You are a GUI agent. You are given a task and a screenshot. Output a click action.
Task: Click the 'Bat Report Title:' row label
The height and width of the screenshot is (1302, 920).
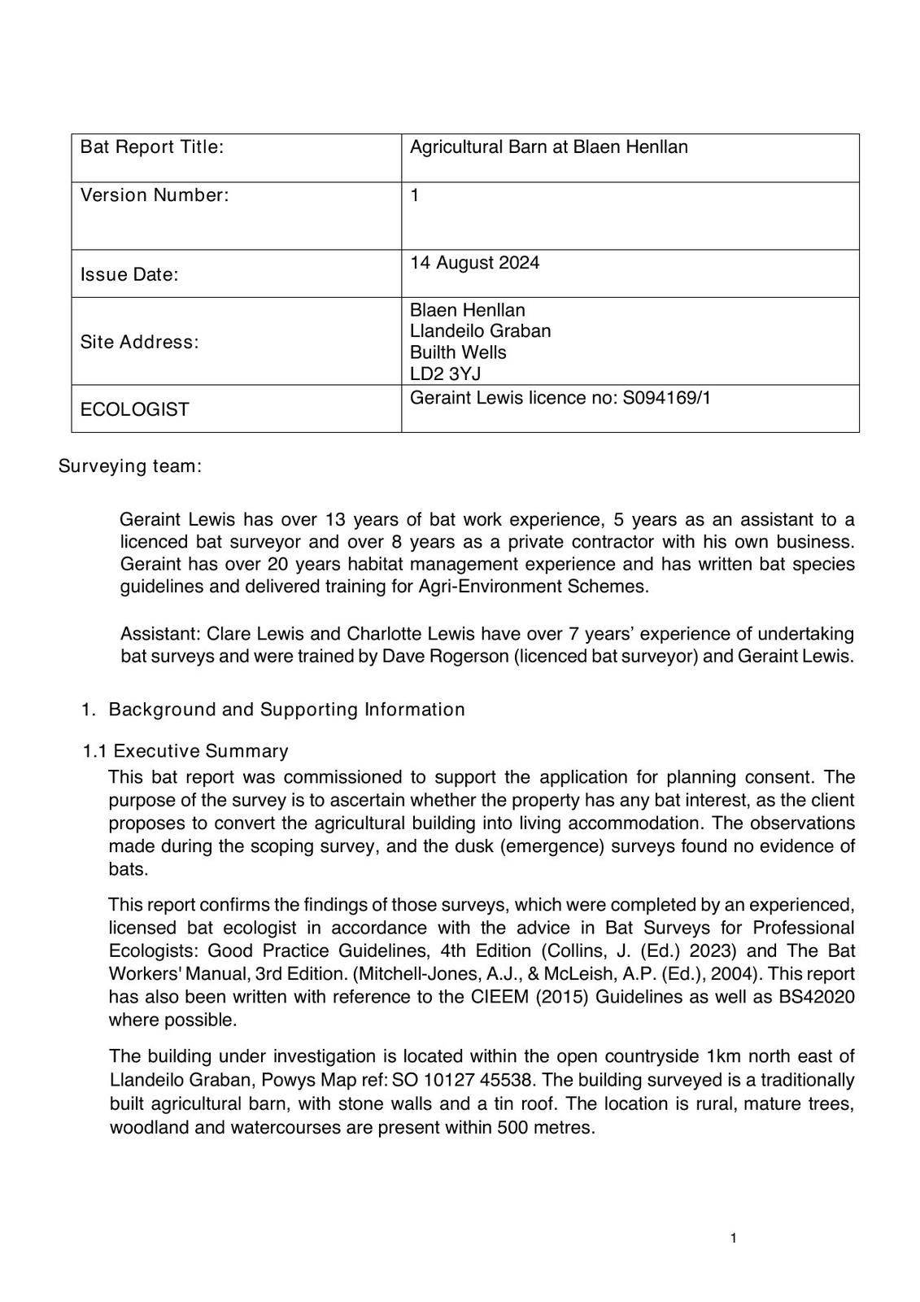tap(151, 147)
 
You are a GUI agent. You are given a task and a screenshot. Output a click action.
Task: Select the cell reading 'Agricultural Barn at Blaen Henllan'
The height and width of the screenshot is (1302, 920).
tap(548, 147)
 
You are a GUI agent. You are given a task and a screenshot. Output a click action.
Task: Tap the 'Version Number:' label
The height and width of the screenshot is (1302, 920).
tap(155, 195)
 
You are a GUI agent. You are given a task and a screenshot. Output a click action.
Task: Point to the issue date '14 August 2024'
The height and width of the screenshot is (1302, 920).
tap(474, 263)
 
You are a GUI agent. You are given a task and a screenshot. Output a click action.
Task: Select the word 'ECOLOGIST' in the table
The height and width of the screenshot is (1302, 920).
tap(134, 409)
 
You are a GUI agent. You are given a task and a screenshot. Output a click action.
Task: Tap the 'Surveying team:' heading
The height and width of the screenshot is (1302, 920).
tap(129, 466)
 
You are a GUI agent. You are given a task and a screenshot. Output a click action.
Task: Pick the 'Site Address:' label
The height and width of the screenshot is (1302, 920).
tap(139, 342)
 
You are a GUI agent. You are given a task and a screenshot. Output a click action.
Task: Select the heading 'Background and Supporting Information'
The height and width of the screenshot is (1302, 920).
tap(286, 710)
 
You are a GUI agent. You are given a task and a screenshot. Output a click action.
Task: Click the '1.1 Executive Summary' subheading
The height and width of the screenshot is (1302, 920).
tap(185, 751)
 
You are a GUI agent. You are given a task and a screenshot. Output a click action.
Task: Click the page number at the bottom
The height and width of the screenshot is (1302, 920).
tap(733, 1239)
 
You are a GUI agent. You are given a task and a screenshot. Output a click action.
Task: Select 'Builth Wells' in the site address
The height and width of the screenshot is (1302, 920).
tap(458, 352)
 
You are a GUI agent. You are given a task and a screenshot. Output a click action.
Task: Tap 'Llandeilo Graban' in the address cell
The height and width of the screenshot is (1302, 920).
tap(480, 331)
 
